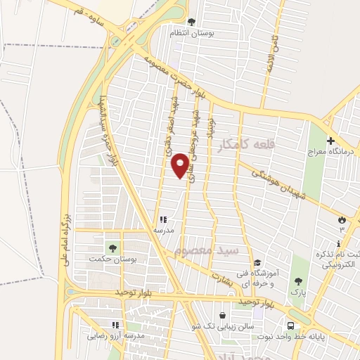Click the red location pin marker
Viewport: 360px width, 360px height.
pos(181,165)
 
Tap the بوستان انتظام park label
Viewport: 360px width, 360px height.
pos(193,32)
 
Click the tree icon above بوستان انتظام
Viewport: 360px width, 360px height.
pos(193,22)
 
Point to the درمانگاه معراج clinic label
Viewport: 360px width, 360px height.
pos(330,151)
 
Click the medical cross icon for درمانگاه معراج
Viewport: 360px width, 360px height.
pos(330,141)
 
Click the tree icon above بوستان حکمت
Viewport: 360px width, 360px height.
pos(111,247)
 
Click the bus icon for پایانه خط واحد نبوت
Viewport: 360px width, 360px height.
pos(290,326)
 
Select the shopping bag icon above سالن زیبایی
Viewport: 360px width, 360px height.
pos(223,316)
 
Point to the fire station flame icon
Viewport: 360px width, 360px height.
pos(342,219)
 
